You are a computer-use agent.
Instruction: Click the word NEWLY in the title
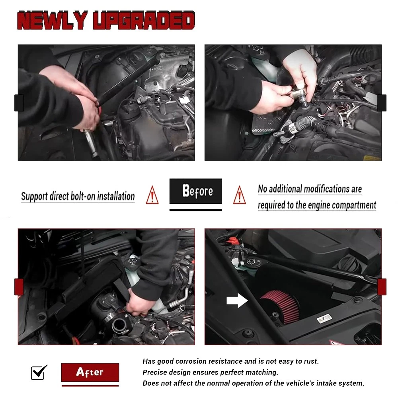pos(52,20)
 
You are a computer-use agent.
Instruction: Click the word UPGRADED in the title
pos(144,20)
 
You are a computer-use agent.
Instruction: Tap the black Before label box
pos(196,191)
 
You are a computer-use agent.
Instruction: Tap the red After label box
pos(90,372)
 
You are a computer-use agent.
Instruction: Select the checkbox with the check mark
pos(39,373)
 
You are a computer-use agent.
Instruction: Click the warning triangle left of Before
pos(152,195)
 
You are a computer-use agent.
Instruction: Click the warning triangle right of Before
pos(239,195)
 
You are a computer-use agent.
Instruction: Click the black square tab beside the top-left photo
pos(19,103)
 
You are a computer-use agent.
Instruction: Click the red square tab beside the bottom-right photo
pos(382,287)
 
